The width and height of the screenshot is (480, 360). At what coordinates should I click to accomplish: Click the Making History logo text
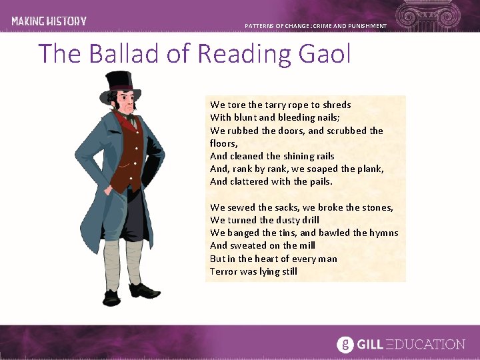(49, 21)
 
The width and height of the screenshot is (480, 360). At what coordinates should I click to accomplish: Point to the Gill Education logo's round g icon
(345, 344)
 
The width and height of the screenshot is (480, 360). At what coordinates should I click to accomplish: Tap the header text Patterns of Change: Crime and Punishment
(315, 26)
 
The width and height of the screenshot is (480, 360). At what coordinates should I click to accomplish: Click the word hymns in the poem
(383, 233)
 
